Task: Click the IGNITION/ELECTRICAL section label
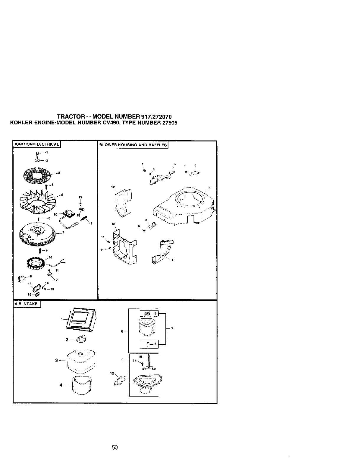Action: click(36, 144)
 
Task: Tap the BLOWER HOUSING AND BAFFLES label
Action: click(133, 145)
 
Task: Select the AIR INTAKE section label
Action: click(27, 304)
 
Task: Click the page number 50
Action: click(115, 447)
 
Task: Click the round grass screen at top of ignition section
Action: click(37, 176)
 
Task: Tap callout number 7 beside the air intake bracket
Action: click(172, 328)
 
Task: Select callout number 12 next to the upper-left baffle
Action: click(113, 187)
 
